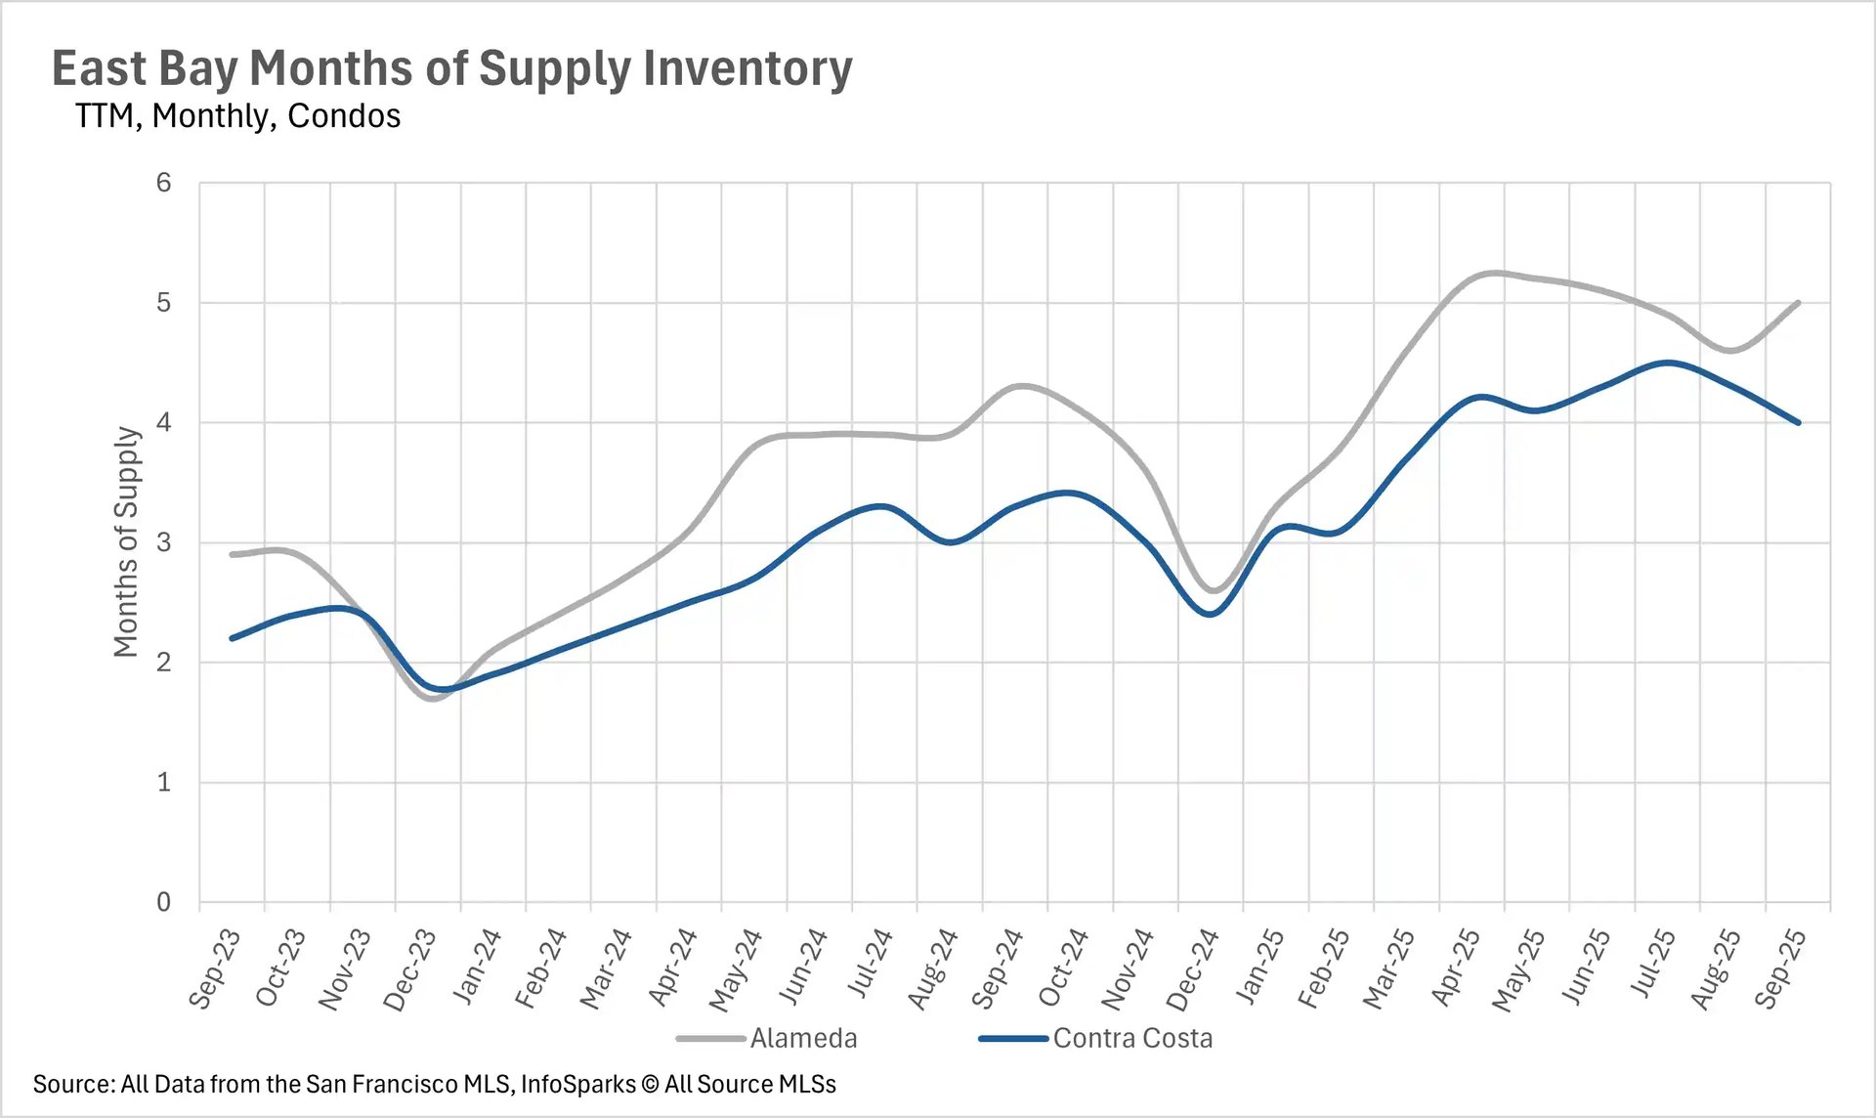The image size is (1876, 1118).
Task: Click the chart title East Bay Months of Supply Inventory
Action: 451,68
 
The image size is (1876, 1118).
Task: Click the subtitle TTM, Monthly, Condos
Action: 237,116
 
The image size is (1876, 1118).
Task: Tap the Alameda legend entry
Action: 802,1038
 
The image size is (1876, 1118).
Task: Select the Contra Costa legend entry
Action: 1131,1038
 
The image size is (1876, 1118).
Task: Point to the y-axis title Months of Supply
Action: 126,541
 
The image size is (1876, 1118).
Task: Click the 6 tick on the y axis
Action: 163,183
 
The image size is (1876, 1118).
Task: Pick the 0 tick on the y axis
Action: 163,902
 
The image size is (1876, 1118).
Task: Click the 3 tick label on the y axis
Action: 163,542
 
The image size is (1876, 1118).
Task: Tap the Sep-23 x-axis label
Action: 214,967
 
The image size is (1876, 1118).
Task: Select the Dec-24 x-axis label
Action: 1192,967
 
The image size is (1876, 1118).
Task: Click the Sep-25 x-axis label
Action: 1779,967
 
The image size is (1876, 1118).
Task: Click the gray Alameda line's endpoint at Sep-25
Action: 1798,303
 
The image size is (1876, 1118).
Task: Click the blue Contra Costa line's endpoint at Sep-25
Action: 1798,422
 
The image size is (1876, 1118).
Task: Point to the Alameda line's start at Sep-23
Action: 232,554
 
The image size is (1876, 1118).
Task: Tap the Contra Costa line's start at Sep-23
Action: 232,638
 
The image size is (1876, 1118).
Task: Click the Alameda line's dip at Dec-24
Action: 1212,590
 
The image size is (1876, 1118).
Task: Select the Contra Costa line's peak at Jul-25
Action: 1667,363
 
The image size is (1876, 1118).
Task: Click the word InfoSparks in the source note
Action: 577,1084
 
